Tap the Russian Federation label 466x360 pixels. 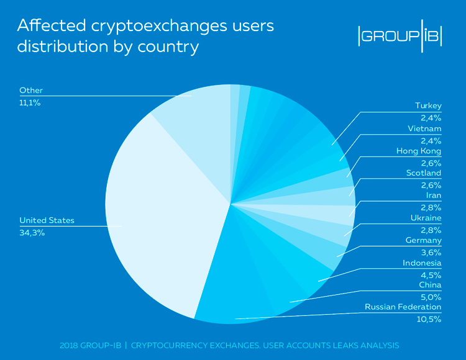403,307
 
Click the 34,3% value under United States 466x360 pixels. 32,233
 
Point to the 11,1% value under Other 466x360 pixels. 30,102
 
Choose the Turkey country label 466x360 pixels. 428,106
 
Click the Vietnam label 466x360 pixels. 426,128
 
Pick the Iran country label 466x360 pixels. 433,196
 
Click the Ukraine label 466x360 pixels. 426,218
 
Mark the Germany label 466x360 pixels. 423,240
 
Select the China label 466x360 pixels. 429,285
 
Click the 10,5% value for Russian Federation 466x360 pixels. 429,320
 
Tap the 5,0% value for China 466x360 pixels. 432,297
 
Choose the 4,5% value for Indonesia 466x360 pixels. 432,275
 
